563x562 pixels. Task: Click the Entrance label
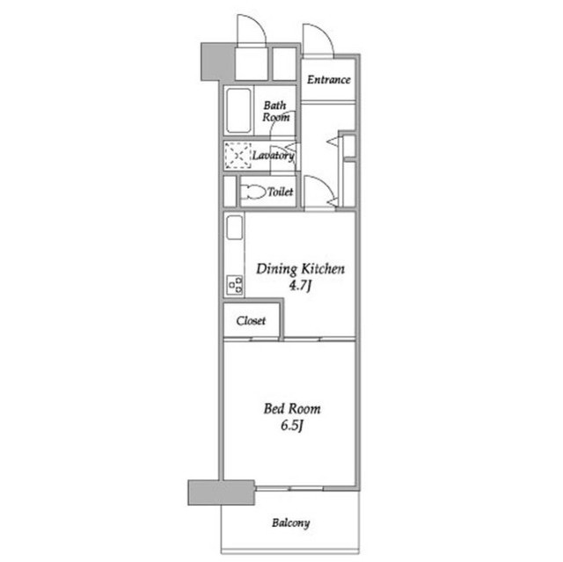point(328,79)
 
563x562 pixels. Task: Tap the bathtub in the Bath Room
point(238,110)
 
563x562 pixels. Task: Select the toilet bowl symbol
point(252,191)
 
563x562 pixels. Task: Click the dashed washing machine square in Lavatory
point(238,156)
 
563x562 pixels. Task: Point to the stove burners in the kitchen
point(235,285)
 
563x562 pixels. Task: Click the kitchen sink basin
point(235,228)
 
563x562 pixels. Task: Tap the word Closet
point(251,320)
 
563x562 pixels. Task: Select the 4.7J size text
point(300,286)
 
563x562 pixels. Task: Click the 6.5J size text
point(292,426)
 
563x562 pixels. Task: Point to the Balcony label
point(291,523)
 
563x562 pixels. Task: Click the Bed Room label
point(292,408)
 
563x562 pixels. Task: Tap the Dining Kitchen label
point(300,269)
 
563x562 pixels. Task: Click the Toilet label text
point(281,192)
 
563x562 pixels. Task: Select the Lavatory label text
point(274,156)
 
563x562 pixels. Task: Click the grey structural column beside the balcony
point(221,493)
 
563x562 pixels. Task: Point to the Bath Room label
point(275,111)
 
